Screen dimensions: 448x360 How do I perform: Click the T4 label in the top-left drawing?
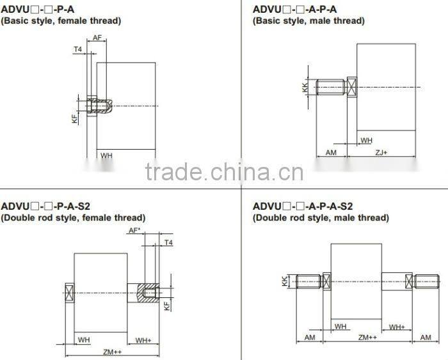coord(78,49)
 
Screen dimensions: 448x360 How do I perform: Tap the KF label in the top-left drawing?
coord(75,118)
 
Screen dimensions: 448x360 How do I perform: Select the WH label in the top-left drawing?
coord(106,155)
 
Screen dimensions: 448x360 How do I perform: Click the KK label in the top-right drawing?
coord(305,86)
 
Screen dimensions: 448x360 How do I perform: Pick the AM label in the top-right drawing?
coord(331,153)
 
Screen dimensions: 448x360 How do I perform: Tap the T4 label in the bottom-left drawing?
coord(168,243)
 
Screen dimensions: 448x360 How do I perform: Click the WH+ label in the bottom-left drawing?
coord(143,339)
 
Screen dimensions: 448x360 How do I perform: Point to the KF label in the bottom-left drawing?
coord(166,306)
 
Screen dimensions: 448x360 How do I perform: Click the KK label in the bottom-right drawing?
coord(285,281)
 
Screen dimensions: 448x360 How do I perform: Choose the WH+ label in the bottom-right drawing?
coord(397,327)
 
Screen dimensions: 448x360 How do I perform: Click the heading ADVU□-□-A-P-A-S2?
coord(303,206)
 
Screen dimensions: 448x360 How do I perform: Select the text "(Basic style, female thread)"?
coord(61,21)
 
